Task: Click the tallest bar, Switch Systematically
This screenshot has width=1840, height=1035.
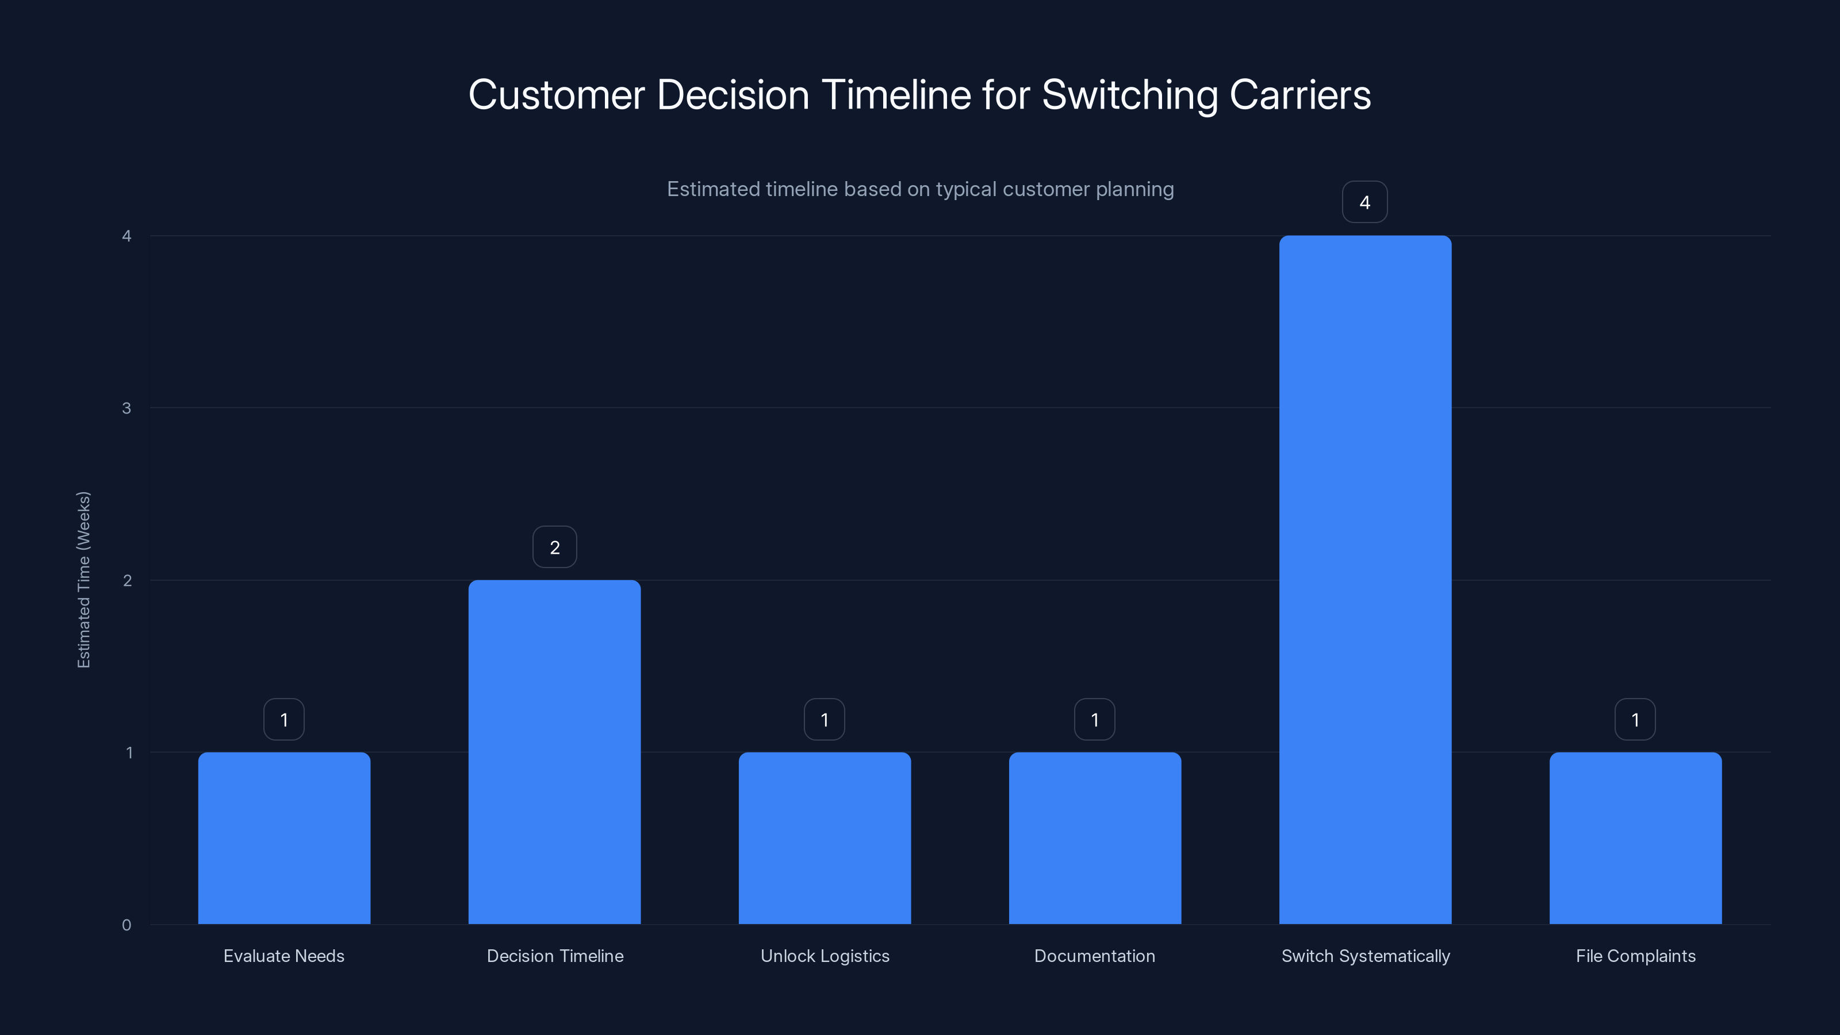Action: [x=1365, y=579]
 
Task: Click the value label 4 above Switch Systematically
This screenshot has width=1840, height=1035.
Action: [x=1364, y=202]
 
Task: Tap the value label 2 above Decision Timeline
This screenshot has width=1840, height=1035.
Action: [x=554, y=547]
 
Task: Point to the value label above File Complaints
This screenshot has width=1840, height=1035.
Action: [x=1635, y=719]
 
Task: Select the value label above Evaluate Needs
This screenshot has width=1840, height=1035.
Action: [x=283, y=719]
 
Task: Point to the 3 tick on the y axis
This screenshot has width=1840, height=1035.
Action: [x=126, y=408]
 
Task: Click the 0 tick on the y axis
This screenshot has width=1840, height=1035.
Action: [x=126, y=925]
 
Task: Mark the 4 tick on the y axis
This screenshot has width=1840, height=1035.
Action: [x=126, y=236]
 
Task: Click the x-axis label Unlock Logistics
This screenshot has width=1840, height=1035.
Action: [x=825, y=956]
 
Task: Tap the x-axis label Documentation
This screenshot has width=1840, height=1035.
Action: [x=1094, y=956]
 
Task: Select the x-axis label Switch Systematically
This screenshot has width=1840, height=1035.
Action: [x=1365, y=956]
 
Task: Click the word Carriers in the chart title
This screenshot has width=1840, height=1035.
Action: [x=1299, y=94]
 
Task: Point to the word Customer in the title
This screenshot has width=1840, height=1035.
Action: [x=557, y=94]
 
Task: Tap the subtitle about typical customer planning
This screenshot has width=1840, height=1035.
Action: [x=920, y=189]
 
